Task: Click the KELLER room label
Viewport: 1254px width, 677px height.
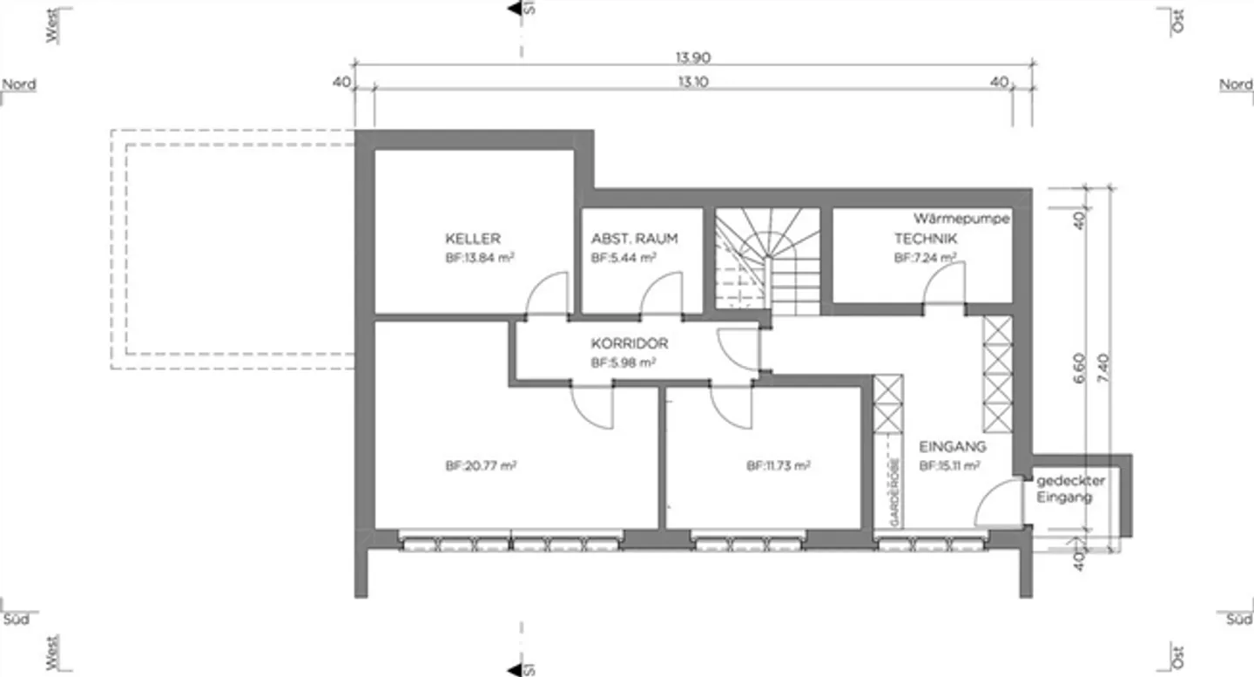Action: [x=473, y=239]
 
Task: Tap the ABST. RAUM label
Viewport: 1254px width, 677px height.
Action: [x=634, y=239]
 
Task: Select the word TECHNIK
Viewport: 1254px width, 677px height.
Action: [x=926, y=238]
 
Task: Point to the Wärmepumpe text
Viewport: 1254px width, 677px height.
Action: [x=961, y=219]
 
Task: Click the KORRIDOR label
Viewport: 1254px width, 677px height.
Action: [x=630, y=344]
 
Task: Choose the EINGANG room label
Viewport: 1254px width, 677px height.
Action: [x=953, y=446]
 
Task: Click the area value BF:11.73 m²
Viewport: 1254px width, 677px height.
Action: [x=779, y=466]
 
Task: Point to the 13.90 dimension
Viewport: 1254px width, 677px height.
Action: [x=693, y=58]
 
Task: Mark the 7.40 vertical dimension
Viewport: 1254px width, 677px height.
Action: [x=1102, y=366]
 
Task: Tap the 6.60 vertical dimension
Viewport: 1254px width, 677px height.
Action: [x=1078, y=366]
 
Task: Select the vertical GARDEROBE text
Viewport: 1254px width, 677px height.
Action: [x=894, y=491]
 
